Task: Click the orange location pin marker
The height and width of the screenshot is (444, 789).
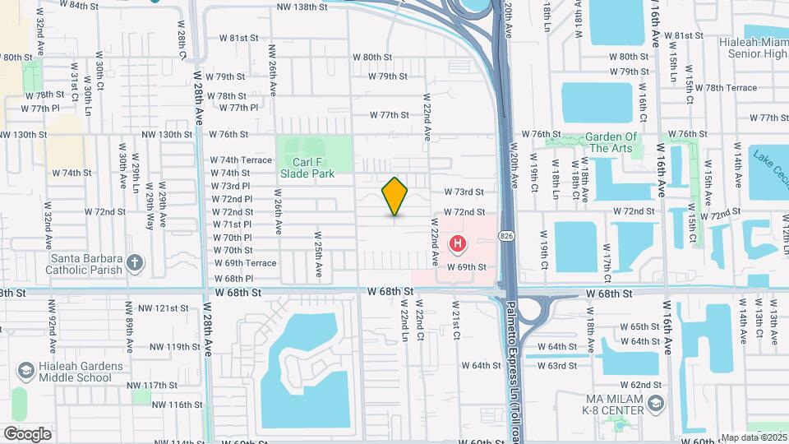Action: (395, 196)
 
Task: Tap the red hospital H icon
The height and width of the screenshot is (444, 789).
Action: (457, 244)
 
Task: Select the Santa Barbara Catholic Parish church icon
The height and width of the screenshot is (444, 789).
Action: (136, 264)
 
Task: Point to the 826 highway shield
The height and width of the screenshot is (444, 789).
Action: (507, 236)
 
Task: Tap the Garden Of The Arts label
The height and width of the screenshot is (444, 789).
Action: (611, 142)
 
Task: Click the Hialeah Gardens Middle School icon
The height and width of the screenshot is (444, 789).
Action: (27, 372)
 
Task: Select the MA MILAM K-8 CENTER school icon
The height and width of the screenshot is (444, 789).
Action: (655, 403)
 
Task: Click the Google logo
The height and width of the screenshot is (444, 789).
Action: (27, 433)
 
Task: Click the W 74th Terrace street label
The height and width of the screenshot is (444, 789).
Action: (241, 160)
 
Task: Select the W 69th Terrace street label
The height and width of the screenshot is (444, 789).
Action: (246, 263)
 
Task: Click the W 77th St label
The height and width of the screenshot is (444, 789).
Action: (389, 115)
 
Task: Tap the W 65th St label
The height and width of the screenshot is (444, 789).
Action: (639, 327)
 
